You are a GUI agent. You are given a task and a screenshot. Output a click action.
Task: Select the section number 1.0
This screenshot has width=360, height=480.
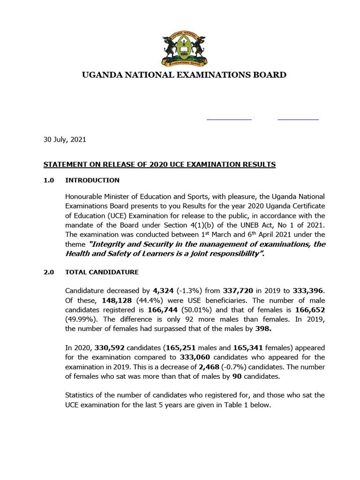pyautogui.click(x=49, y=180)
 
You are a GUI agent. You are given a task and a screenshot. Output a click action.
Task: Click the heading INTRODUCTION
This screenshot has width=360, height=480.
pyautogui.click(x=92, y=180)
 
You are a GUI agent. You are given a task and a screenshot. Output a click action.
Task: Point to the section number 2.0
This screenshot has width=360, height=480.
pyautogui.click(x=49, y=272)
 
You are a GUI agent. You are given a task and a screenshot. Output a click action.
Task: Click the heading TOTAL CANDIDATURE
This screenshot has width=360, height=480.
pyautogui.click(x=101, y=272)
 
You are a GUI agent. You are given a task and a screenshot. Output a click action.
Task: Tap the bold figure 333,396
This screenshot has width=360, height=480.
pyautogui.click(x=308, y=291)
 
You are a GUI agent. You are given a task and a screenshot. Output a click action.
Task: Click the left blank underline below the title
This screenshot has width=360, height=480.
pyautogui.click(x=229, y=120)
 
